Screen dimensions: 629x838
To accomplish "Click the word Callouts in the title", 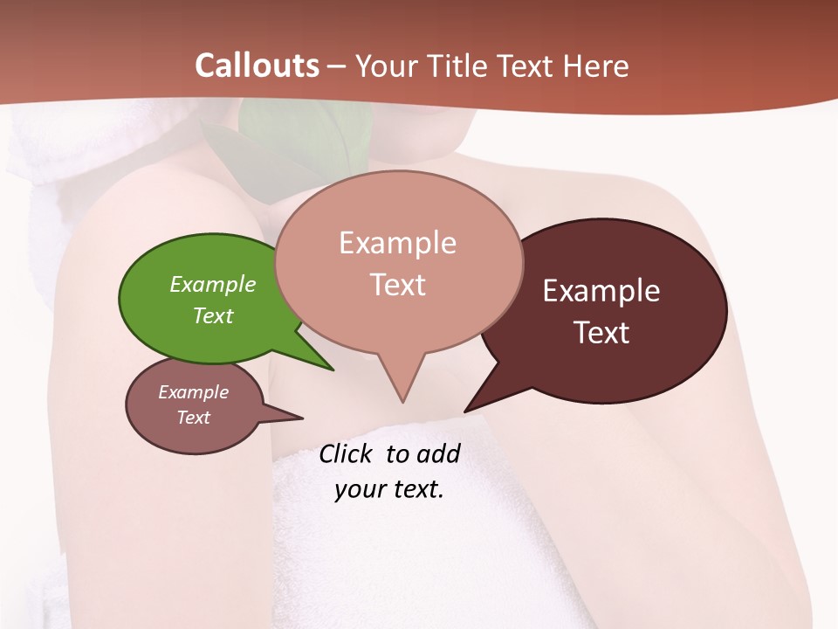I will pyautogui.click(x=257, y=66).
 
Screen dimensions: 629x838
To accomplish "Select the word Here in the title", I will pyautogui.click(x=596, y=66).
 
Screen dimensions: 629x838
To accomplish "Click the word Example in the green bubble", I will pyautogui.click(x=212, y=284).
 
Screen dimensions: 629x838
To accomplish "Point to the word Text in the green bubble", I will pyautogui.click(x=212, y=315).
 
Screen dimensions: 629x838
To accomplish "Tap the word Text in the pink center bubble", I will pyautogui.click(x=397, y=284).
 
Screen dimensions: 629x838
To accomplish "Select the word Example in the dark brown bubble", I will pyautogui.click(x=601, y=290).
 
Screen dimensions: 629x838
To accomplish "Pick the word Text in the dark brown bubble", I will pyautogui.click(x=601, y=332).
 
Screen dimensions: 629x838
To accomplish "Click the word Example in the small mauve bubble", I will pyautogui.click(x=193, y=392).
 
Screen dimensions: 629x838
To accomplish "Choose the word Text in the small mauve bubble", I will pyautogui.click(x=193, y=418).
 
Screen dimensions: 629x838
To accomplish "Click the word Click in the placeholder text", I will pyautogui.click(x=347, y=453).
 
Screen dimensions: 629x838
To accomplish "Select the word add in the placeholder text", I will pyautogui.click(x=438, y=453).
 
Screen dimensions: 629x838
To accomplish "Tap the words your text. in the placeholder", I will pyautogui.click(x=388, y=489).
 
